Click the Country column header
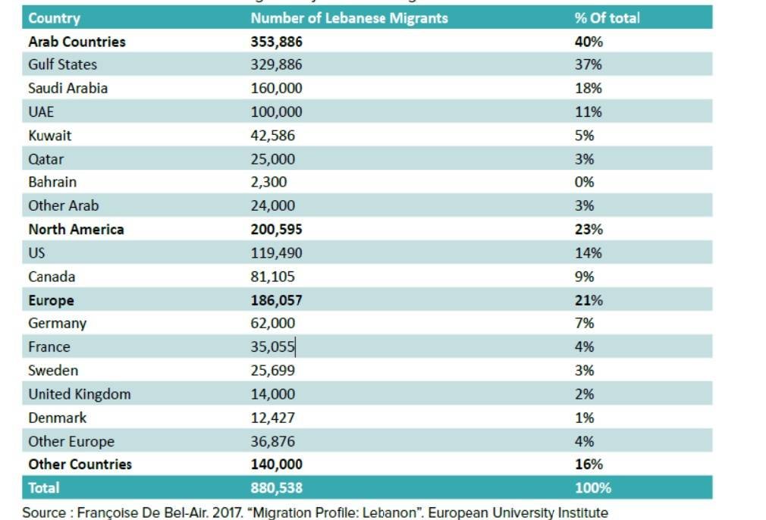(54, 18)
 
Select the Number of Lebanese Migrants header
(350, 18)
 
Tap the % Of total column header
(607, 18)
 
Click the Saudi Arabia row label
(68, 89)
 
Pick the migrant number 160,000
(277, 89)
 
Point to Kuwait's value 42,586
(273, 135)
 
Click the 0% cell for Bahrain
(584, 182)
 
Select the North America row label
(76, 230)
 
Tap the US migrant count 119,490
(277, 253)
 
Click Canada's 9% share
(584, 277)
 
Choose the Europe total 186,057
(277, 300)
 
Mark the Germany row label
(58, 323)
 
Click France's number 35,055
(273, 346)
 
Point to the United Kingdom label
(80, 394)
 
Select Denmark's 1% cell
(584, 418)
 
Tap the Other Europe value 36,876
(273, 441)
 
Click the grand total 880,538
(277, 487)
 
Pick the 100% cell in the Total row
(593, 487)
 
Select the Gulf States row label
(62, 64)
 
